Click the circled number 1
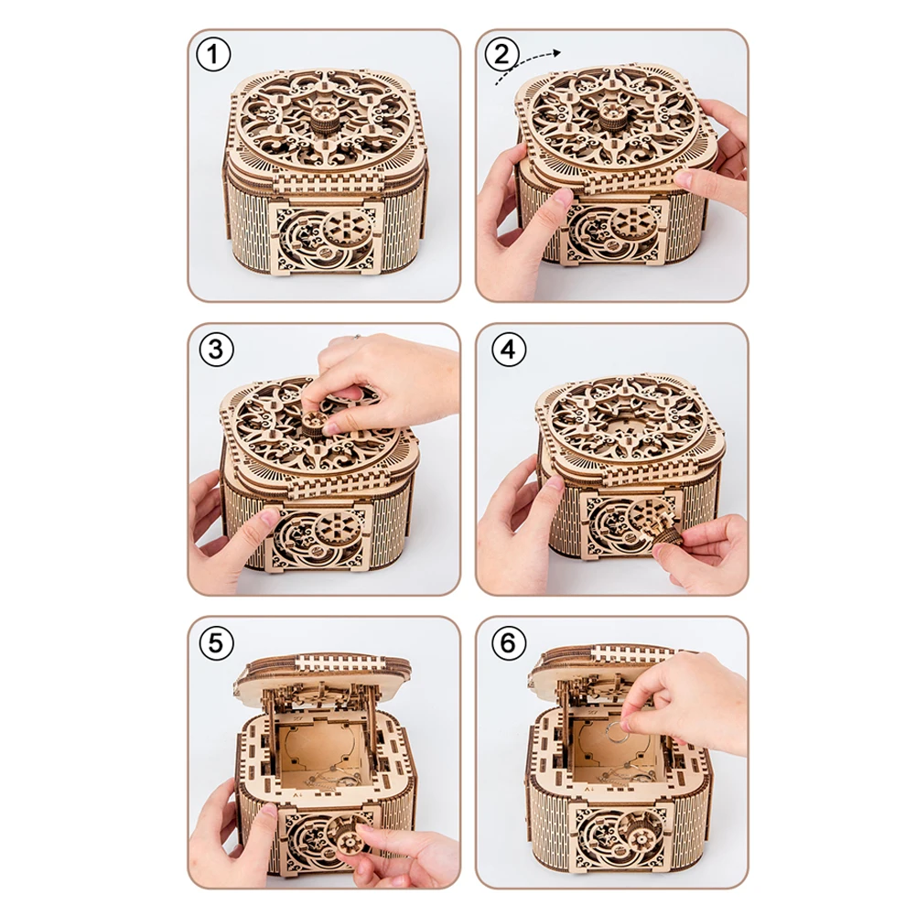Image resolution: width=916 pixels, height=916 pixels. tap(212, 55)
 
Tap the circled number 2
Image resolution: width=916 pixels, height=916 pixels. tap(501, 55)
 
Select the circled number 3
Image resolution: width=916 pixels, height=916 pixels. tap(216, 350)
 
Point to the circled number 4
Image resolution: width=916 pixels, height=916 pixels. tap(508, 350)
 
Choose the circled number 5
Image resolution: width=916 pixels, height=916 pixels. tap(216, 643)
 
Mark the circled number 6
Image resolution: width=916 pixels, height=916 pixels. tap(508, 643)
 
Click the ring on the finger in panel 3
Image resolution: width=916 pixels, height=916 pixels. tap(355, 337)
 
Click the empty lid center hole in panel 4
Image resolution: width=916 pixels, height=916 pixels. tap(627, 426)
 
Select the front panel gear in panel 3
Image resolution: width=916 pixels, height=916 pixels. tap(336, 526)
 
